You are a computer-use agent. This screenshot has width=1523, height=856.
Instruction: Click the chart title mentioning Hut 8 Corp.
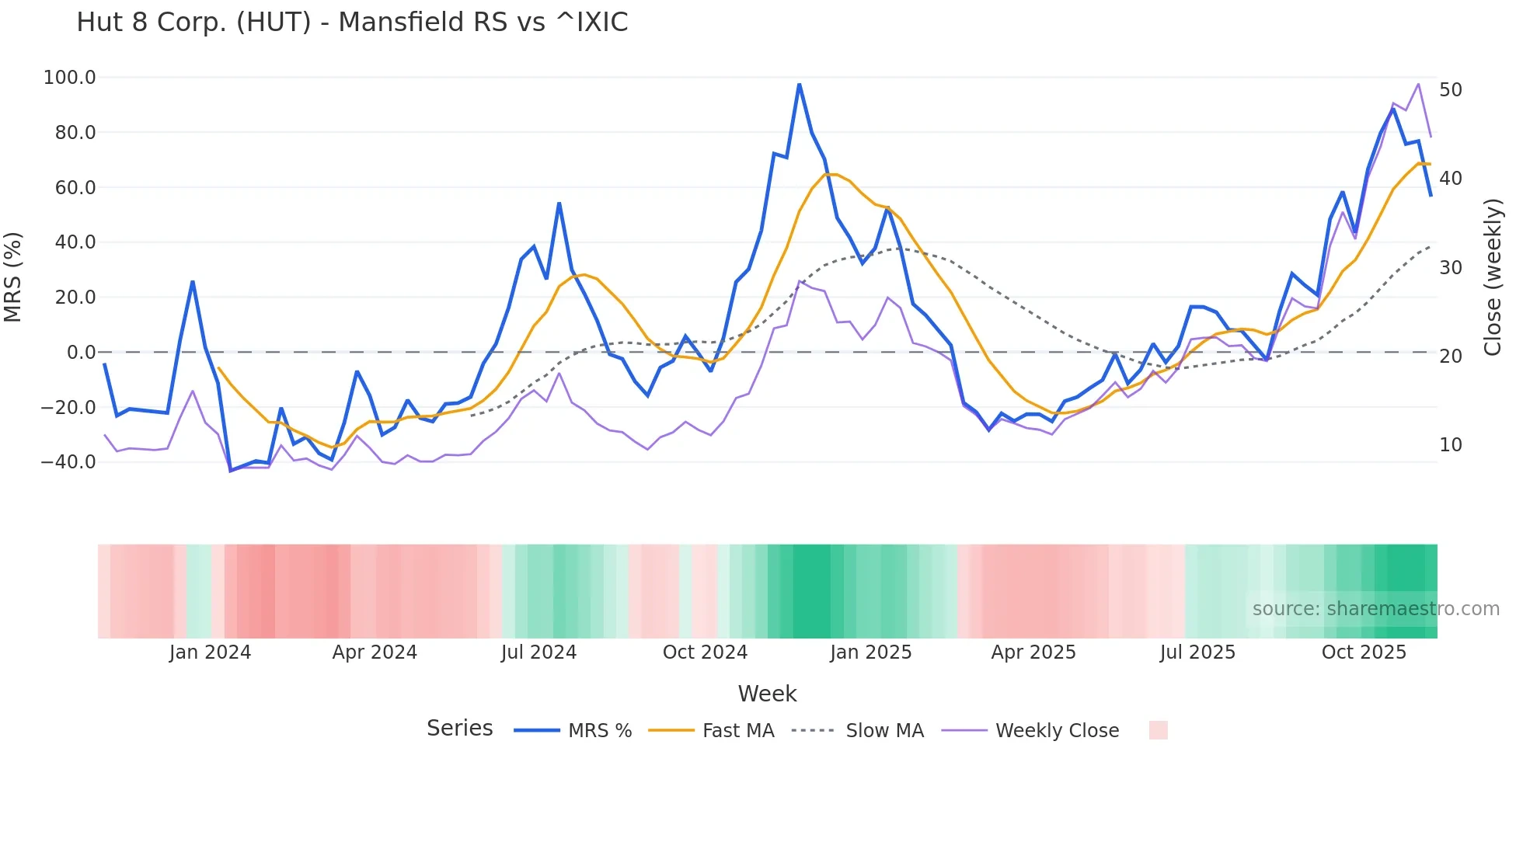tap(352, 23)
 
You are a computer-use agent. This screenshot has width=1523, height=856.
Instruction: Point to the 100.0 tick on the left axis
tap(70, 78)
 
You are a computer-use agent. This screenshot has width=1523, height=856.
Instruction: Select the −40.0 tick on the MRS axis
tap(68, 462)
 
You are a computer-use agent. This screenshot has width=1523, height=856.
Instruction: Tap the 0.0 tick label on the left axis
tap(81, 353)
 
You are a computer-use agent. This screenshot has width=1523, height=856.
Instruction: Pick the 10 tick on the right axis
tap(1451, 445)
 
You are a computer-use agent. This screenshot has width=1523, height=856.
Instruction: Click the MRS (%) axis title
tap(13, 277)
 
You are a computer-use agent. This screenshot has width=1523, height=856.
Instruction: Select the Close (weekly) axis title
tap(1493, 277)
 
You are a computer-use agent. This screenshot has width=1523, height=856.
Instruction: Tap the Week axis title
tap(767, 694)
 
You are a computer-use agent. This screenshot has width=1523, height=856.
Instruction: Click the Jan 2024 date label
tap(210, 652)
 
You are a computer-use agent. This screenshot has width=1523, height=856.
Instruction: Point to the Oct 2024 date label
tap(705, 652)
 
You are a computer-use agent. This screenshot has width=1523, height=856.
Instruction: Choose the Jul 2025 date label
tap(1197, 652)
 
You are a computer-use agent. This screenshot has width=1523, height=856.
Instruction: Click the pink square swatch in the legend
tap(1158, 730)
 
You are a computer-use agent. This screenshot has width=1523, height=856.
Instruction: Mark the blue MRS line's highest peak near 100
tap(799, 84)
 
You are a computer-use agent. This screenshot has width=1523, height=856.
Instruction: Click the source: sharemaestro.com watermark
tap(1375, 609)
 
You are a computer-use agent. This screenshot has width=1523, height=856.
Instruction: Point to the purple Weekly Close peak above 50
tap(1418, 84)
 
